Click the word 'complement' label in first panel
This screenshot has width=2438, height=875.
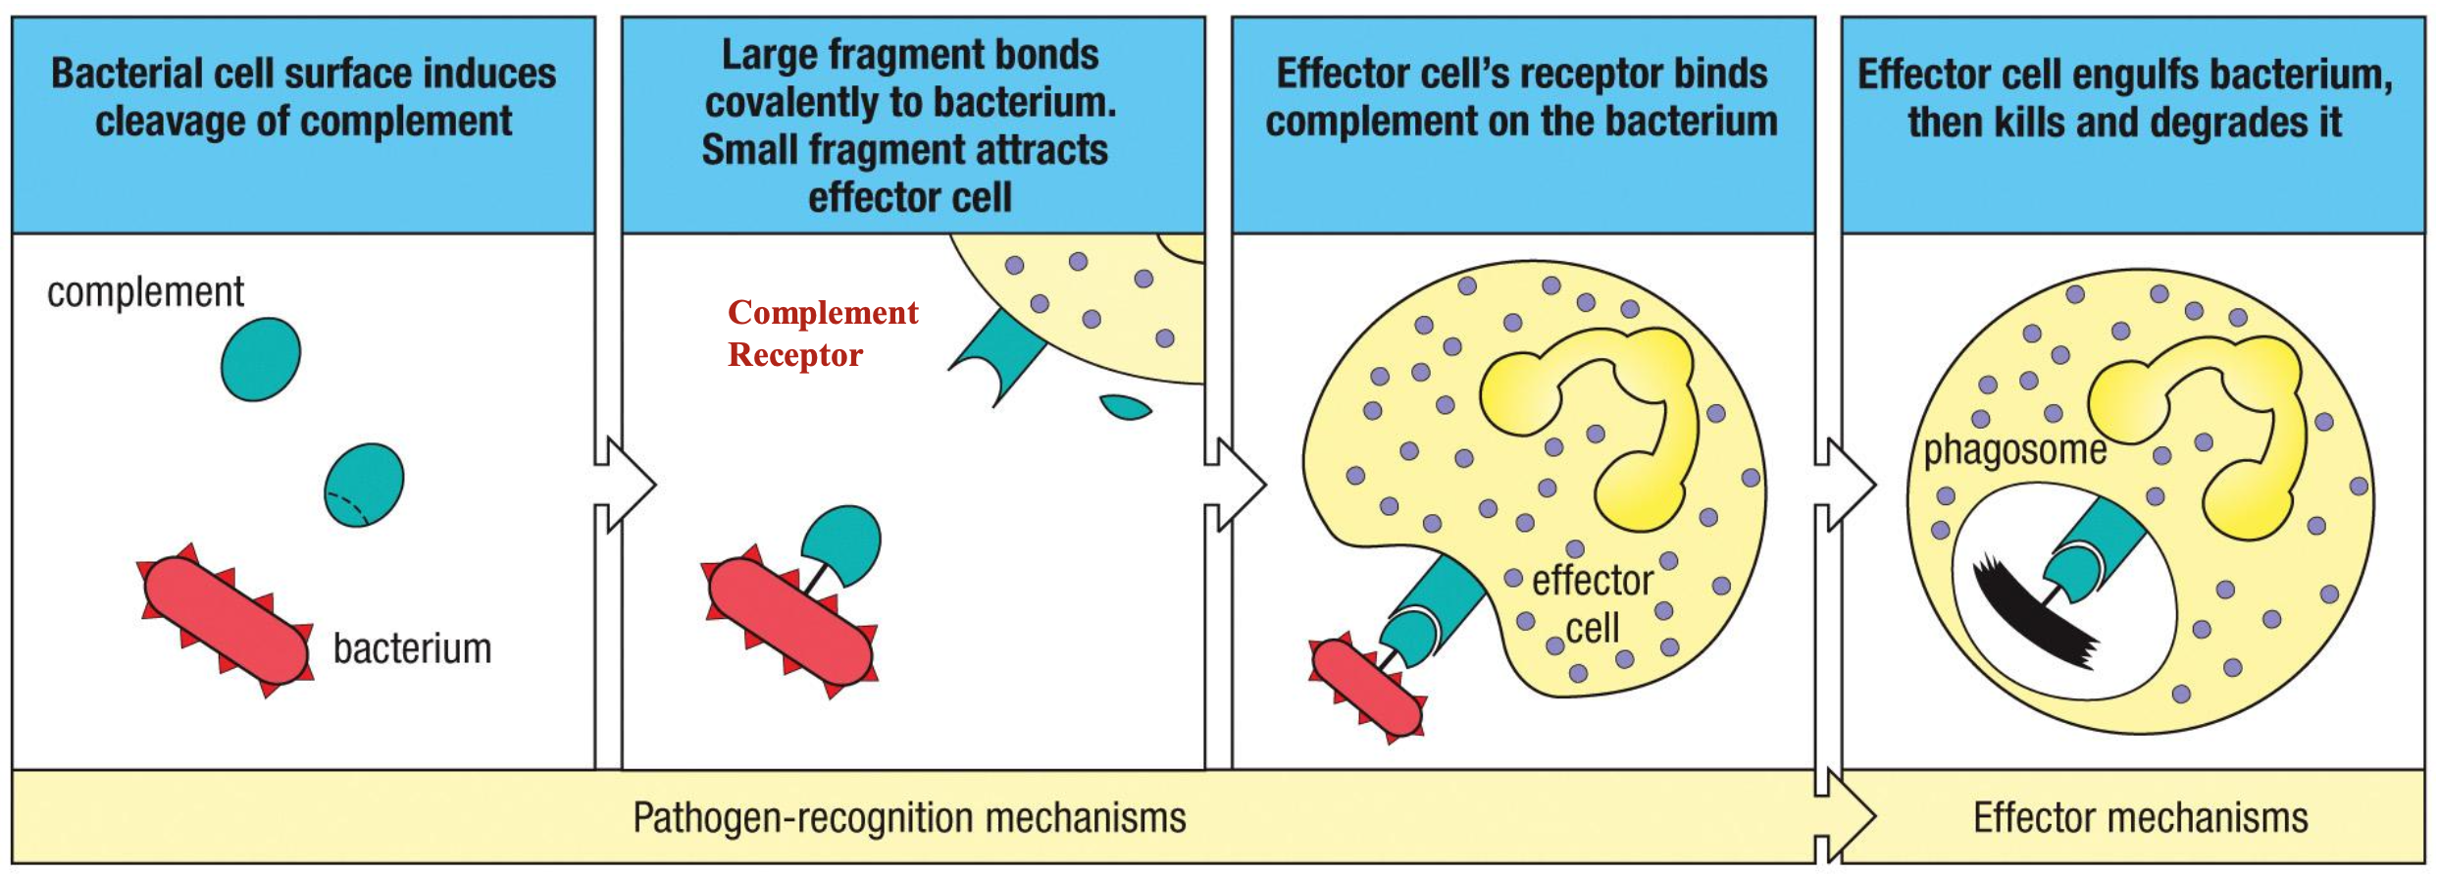145,292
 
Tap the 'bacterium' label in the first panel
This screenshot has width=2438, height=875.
412,649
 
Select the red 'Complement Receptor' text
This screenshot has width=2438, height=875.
822,334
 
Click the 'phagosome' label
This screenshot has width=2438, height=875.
2014,450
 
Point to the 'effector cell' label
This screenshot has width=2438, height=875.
1593,604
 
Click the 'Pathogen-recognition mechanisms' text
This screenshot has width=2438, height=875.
909,817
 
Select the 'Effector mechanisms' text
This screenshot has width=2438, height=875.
2140,817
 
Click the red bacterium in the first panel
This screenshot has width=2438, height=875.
226,621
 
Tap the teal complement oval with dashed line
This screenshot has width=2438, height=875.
364,486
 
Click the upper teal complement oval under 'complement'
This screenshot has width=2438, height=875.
261,359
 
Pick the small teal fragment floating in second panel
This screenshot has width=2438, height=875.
1125,406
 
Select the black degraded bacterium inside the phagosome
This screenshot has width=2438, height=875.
2030,613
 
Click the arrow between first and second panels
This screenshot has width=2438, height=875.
628,485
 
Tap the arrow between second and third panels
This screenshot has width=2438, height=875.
1238,485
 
